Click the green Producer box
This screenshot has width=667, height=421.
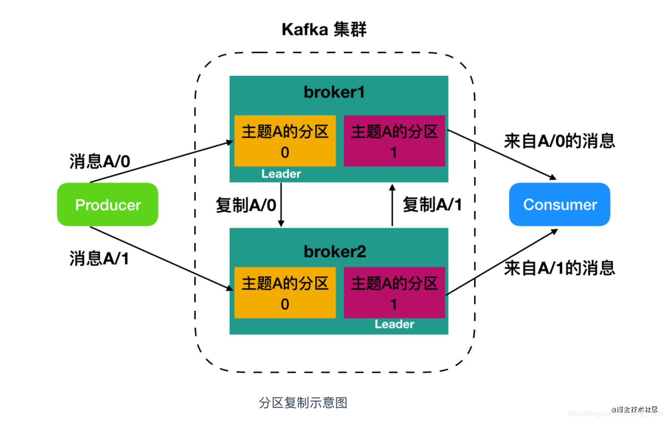(x=107, y=205)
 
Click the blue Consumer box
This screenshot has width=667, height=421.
(x=560, y=205)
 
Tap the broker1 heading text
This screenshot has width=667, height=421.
(x=334, y=92)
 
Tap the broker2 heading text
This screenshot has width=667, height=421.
(x=335, y=251)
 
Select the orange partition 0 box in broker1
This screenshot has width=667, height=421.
(x=285, y=141)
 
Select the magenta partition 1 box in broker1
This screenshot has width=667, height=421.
(x=394, y=141)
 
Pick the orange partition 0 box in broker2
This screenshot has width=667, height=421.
(x=285, y=293)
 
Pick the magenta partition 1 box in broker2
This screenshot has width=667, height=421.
(x=394, y=293)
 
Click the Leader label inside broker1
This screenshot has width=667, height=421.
(x=281, y=174)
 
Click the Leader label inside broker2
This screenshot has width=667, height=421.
(x=394, y=324)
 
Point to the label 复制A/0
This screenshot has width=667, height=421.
(x=246, y=205)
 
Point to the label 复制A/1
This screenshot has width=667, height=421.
(x=432, y=205)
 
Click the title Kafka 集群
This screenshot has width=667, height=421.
(x=324, y=30)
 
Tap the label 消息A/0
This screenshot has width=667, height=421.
(x=100, y=162)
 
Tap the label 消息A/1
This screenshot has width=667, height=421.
(x=99, y=259)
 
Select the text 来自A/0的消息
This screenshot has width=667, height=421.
(x=560, y=141)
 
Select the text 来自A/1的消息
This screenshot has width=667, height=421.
(x=560, y=268)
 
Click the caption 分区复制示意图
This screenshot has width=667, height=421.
(x=303, y=403)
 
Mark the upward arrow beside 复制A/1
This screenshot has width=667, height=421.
(x=392, y=205)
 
